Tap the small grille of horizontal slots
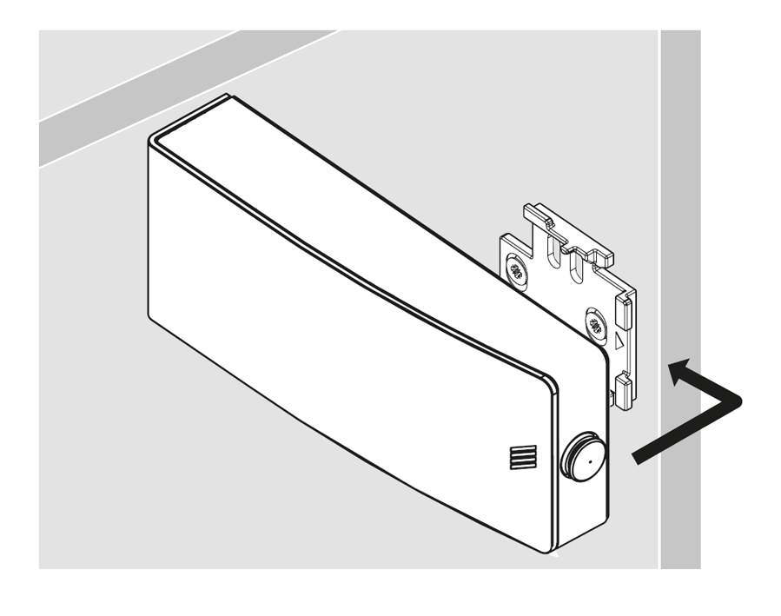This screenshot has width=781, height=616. [524, 457]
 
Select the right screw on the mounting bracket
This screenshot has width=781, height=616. [595, 327]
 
